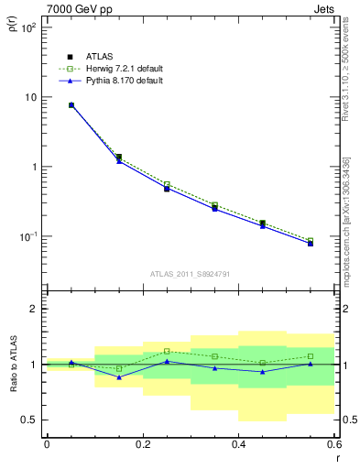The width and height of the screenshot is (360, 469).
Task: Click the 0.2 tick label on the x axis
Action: click(x=142, y=444)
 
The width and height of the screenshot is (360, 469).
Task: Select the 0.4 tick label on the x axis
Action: click(x=238, y=444)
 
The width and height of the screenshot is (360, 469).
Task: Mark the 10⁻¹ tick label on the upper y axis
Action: click(x=28, y=236)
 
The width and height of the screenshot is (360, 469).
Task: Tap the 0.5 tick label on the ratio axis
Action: click(x=30, y=420)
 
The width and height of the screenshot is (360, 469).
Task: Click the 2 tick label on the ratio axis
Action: click(x=35, y=309)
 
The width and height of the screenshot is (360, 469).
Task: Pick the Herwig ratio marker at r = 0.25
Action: click(x=167, y=351)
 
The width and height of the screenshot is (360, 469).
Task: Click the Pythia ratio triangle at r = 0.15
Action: click(x=119, y=376)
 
